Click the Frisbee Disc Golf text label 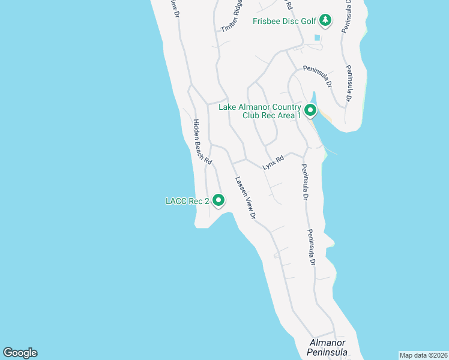click(284, 22)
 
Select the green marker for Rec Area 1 click(310, 110)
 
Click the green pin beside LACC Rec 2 click(218, 200)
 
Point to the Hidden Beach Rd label click(202, 142)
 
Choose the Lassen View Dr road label click(246, 197)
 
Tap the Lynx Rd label click(273, 163)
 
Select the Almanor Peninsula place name click(328, 347)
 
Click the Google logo click(20, 353)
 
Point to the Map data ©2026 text click(423, 355)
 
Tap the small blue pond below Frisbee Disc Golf click(316, 38)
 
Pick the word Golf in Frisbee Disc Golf click(308, 22)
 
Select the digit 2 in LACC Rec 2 click(206, 202)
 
